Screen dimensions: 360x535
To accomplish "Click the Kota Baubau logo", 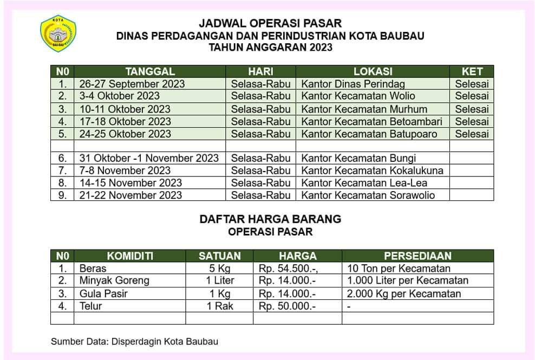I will pos(58,34).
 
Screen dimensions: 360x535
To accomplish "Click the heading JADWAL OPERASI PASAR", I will pos(270,23).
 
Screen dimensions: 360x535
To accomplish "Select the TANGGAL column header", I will pos(150,71).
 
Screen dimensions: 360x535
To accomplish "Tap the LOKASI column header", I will pos(373,71).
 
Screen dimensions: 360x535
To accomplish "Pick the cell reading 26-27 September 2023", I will pos(132,84).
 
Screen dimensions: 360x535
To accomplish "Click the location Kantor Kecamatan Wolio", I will pos(358,96).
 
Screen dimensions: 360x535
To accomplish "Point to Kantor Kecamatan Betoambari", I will pos(371,121).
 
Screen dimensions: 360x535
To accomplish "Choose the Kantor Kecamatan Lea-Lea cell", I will pos(357,183).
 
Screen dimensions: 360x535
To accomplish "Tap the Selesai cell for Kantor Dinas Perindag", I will pos(472,84).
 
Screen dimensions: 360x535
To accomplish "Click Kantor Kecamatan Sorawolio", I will pos(368,195).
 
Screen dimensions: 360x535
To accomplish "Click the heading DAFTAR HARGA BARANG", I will pos(270,219).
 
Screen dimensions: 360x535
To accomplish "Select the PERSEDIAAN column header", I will pos(417,256).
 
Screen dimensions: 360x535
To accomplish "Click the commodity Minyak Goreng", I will pos(114,281).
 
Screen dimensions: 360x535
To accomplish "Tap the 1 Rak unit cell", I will pos(219,306).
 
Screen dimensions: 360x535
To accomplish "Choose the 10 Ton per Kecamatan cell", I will pos(399,269).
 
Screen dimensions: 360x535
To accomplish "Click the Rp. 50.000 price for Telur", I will pos(287,306).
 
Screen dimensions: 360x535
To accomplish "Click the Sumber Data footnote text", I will pos(135,342).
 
